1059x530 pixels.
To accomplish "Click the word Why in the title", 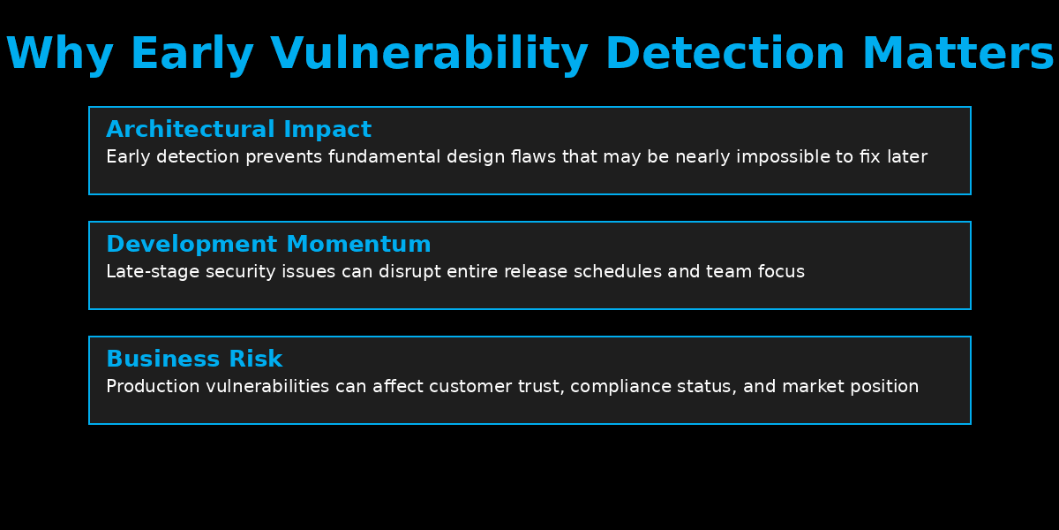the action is coord(60,54).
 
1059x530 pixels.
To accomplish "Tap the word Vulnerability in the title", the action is coord(429,54).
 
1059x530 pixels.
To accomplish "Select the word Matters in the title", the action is coord(958,54).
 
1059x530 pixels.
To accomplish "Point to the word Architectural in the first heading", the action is coord(190,129).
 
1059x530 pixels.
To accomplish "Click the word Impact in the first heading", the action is coord(327,130).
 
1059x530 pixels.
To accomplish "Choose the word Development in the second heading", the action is coord(191,245).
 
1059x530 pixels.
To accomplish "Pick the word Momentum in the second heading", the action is coord(358,244).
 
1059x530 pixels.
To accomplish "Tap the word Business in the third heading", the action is coord(162,359).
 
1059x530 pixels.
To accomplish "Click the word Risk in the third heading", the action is coord(255,359).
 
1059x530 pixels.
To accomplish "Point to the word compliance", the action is coord(620,387).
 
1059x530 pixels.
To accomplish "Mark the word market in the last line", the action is coord(813,387).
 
